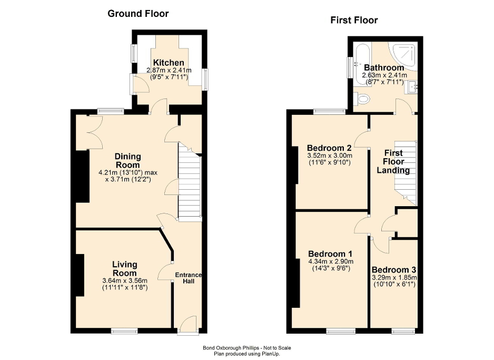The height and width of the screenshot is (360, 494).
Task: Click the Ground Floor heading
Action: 138,14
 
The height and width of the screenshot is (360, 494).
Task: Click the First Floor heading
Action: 354,21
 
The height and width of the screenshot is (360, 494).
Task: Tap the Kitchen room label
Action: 169,63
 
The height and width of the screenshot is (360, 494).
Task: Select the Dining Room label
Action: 128,160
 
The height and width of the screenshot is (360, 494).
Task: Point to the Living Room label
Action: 125,269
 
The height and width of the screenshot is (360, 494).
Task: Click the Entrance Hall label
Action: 188,278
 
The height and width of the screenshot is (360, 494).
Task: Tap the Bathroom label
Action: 384,67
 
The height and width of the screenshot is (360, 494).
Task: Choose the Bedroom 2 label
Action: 329,148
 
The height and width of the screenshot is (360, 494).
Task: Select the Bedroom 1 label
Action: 330,253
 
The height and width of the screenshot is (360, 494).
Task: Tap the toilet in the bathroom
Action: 362,99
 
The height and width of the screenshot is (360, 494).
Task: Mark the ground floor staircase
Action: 190,184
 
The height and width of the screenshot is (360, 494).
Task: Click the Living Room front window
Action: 124,330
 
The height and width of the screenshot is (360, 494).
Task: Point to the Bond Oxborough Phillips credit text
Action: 246,348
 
